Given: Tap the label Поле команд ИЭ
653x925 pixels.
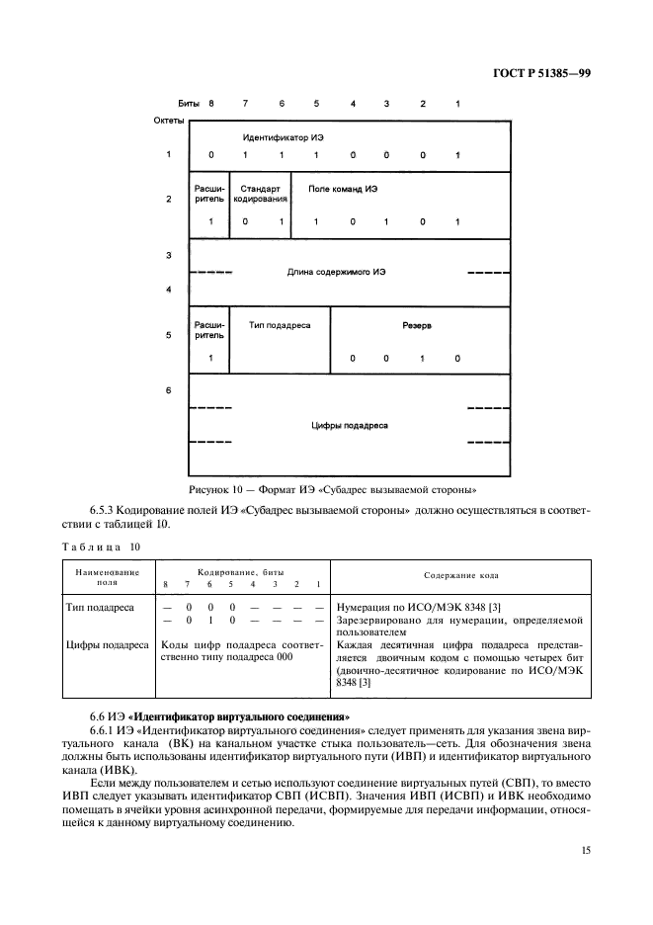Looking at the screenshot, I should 343,188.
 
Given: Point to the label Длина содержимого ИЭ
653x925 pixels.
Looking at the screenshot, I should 336,272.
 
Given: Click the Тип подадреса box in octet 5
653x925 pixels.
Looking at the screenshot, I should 280,323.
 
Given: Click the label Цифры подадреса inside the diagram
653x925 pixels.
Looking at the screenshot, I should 350,425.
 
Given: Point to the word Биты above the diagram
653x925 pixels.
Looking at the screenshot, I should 188,103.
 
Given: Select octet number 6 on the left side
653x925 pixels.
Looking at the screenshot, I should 169,390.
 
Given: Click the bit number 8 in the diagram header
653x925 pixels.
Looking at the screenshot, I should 210,103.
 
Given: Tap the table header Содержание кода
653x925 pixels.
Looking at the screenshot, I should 461,574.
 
